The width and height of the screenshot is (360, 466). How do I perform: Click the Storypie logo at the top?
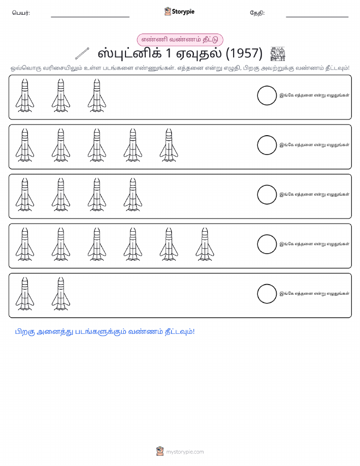pos(179,12)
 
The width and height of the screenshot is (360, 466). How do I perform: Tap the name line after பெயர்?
pos(90,17)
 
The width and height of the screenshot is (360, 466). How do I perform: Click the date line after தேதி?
pos(317,17)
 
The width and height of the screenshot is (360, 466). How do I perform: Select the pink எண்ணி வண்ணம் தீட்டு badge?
pos(180,40)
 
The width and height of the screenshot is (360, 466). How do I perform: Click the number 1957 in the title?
pos(244,53)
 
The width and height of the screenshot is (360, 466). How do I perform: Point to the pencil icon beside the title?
pos(82,53)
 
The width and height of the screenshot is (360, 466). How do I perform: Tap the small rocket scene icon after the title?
pos(278,54)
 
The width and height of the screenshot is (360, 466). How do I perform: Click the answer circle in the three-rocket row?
pos(267,96)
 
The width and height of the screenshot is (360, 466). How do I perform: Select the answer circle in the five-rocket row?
pos(267,145)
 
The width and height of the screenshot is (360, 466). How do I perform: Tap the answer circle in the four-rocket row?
pos(267,195)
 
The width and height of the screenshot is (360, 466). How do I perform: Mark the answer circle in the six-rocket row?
pos(267,244)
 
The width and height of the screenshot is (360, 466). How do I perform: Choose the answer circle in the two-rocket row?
pos(267,294)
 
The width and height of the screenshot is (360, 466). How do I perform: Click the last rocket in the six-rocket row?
pos(205,244)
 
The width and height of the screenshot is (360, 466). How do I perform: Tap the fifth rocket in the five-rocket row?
pos(169,145)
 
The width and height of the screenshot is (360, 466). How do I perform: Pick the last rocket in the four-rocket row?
pos(133,195)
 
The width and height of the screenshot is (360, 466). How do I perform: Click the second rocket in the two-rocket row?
pos(61,294)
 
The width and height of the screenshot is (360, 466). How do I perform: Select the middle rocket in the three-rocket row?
pos(61,96)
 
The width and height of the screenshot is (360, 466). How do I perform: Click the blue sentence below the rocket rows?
pos(105,332)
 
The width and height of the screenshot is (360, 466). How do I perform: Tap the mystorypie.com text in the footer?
pos(185,452)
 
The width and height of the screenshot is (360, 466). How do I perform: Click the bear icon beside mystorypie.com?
pos(160,451)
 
